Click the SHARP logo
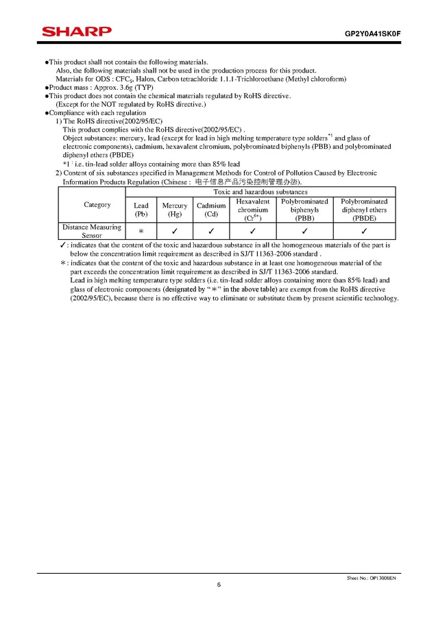76,32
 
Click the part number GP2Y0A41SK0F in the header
372,33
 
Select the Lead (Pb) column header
141,210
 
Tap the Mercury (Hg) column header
175,210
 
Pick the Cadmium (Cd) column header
211,210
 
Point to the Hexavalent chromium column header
252,210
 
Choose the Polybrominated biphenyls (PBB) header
304,210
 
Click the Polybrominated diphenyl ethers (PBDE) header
364,210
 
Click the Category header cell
97,205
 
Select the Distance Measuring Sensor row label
92,231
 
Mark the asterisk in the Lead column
141,232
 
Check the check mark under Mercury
175,231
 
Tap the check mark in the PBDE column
364,231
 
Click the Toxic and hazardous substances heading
261,192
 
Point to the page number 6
219,585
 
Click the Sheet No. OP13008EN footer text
372,578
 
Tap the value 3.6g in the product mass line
125,87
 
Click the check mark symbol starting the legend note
63,245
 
